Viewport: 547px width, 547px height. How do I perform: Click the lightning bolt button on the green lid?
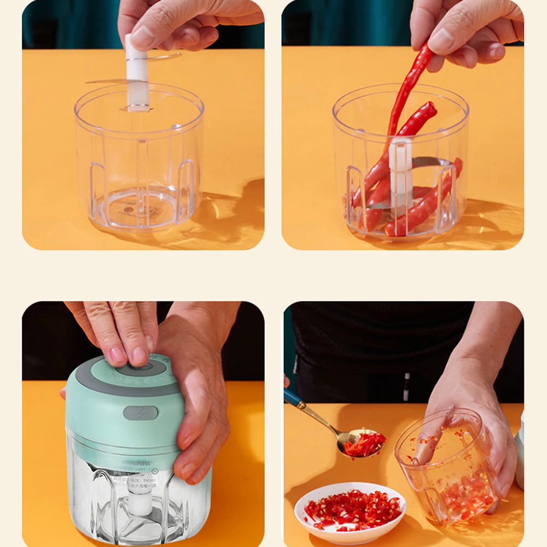(x=140, y=413)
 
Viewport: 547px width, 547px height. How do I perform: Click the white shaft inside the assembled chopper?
(x=140, y=501)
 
